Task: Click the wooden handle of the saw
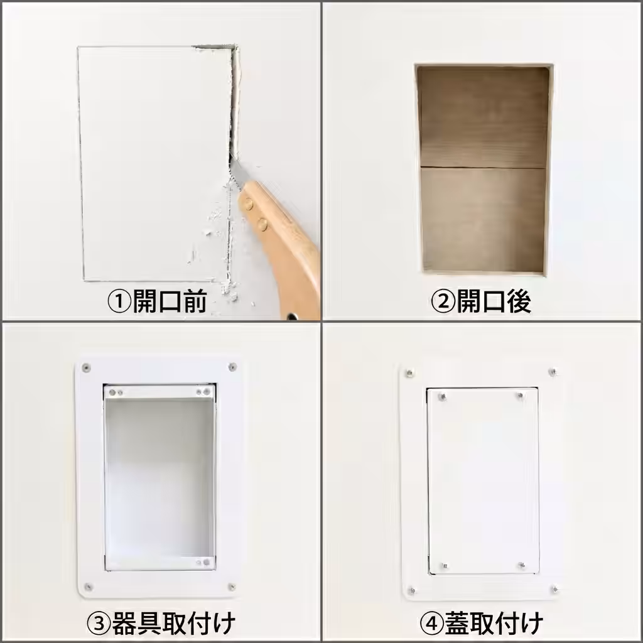[289, 245]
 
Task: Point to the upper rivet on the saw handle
[249, 203]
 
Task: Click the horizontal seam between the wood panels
[482, 168]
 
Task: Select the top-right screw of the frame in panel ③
[232, 366]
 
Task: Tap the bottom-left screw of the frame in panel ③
[88, 586]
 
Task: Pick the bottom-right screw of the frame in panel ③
[232, 586]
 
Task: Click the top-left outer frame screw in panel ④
[409, 374]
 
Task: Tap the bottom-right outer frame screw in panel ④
[554, 590]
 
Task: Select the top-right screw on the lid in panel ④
[521, 396]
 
